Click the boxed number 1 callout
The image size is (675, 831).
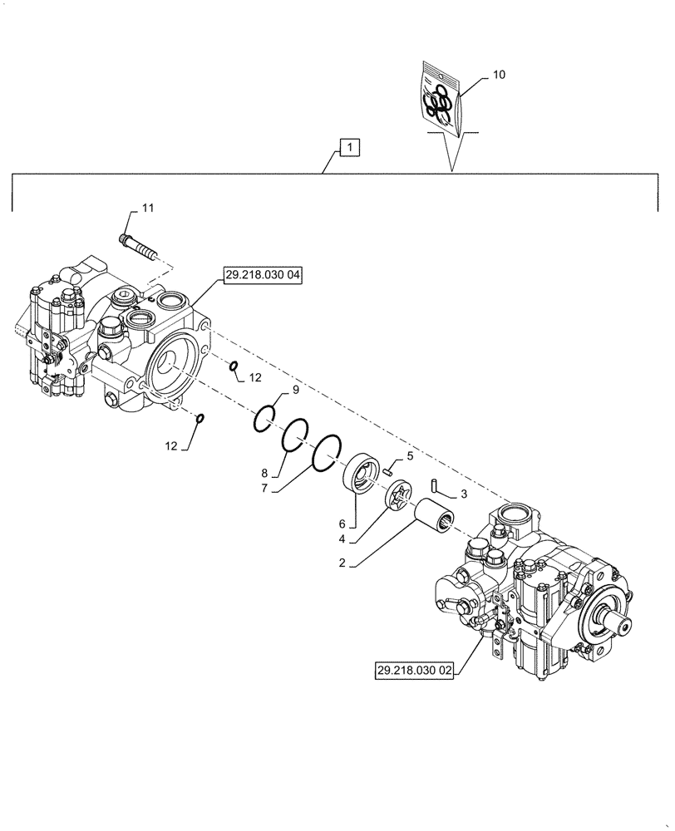click(x=350, y=149)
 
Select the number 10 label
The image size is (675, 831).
click(x=499, y=74)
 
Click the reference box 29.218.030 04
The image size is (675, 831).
click(x=262, y=276)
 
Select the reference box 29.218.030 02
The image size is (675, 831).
click(x=413, y=671)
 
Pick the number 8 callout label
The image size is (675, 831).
click(x=264, y=470)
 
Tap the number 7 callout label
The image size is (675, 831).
click(x=264, y=489)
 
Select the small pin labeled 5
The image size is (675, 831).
click(x=388, y=470)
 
